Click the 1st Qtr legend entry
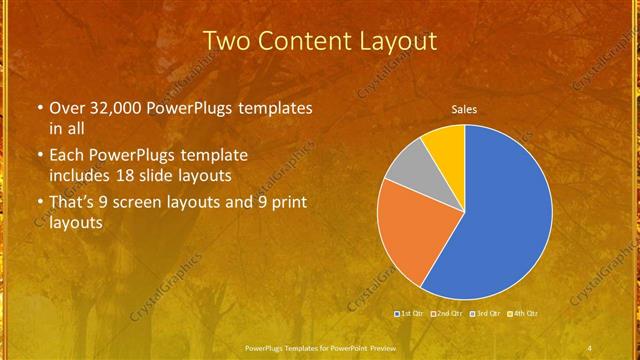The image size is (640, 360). pos(412,314)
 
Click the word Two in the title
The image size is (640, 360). pos(228,41)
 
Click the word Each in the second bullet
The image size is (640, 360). pos(68,157)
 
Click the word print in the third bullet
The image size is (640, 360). pos(288,203)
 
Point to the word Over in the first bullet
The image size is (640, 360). pos(68,107)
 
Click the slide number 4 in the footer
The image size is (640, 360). pos(590,347)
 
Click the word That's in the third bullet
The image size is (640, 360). pos(72,203)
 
